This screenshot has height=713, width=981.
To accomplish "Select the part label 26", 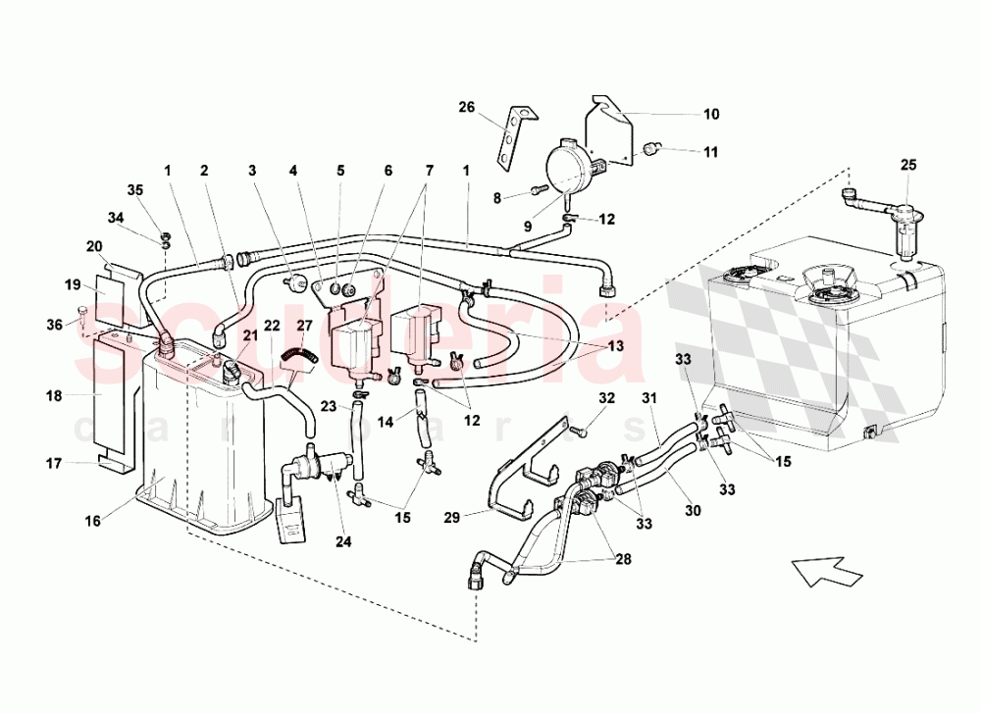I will (466, 108).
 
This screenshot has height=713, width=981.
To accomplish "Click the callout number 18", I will (53, 396).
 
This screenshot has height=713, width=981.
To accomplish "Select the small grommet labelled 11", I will (648, 149).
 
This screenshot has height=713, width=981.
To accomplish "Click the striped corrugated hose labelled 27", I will (295, 356).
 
